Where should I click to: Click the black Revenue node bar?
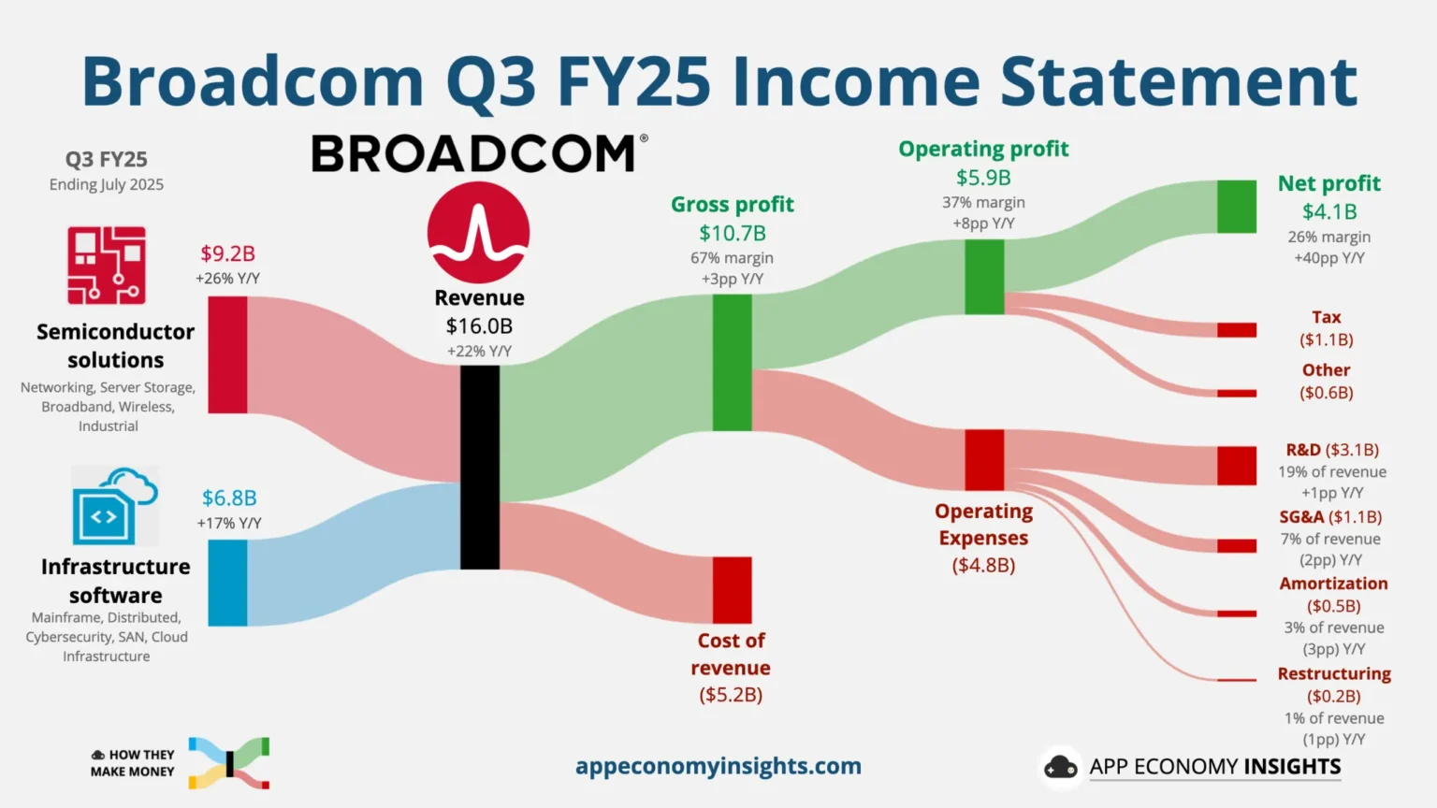479,467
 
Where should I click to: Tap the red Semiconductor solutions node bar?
227,354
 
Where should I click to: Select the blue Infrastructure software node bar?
227,583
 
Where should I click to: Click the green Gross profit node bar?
732,362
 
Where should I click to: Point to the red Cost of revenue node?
732,590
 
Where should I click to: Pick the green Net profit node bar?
1236,207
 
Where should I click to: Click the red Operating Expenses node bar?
984,459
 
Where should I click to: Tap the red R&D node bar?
1236,465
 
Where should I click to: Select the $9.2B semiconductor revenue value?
227,253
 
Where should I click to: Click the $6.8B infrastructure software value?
229,498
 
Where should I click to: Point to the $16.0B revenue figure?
479,326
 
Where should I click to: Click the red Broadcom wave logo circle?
478,233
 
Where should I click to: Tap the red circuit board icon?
107,266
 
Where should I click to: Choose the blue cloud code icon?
114,506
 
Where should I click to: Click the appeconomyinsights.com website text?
718,766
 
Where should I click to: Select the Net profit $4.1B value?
1328,212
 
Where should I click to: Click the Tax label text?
1326,317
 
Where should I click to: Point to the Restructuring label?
1333,673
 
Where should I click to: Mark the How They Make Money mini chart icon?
229,763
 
